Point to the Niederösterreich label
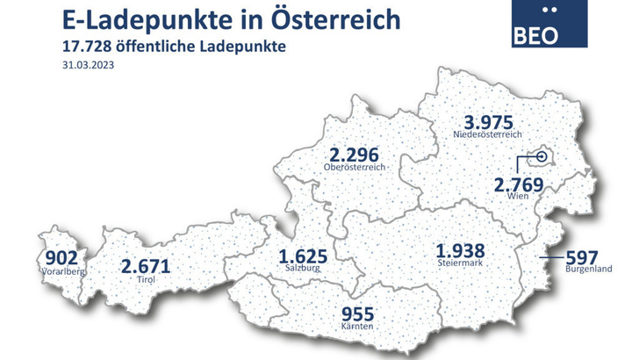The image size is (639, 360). [487, 135]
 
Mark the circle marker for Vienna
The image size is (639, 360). [542, 158]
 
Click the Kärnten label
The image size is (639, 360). [360, 327]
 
